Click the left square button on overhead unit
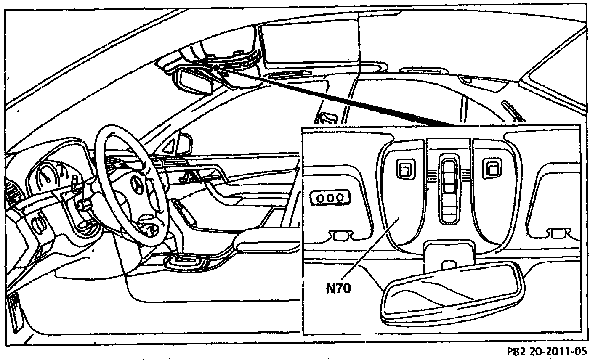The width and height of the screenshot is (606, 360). (405, 169)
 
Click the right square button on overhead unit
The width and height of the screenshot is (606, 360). (491, 169)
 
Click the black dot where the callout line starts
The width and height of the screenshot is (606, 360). (215, 67)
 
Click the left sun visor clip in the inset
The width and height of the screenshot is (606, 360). (341, 235)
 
